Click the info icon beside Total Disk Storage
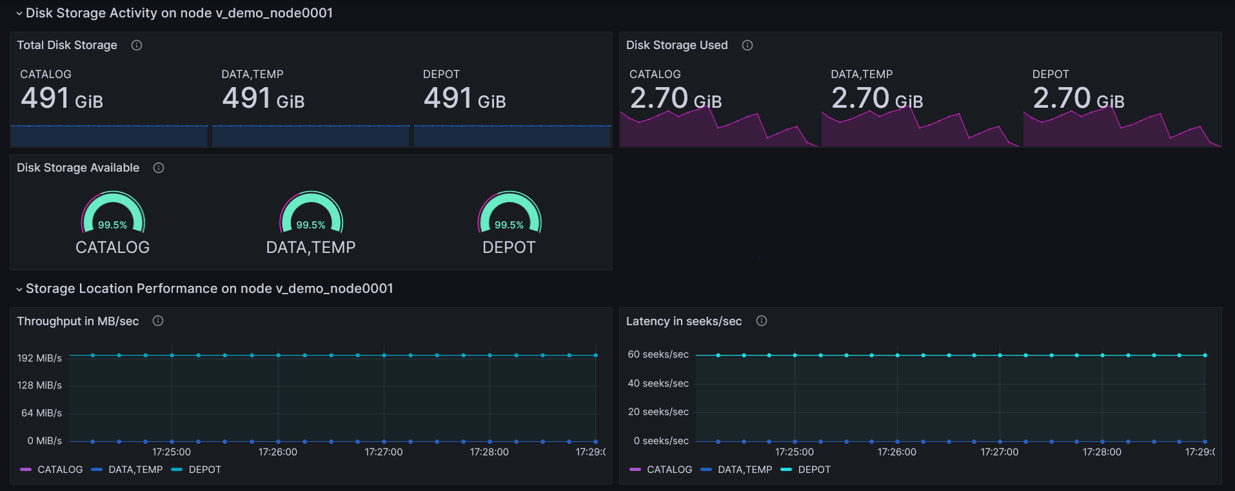coord(137,45)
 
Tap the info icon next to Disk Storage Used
coord(747,45)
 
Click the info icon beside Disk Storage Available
coord(159,168)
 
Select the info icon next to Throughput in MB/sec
coord(158,321)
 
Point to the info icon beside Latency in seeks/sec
coord(762,321)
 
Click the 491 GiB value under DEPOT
coord(464,99)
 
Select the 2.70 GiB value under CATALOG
coord(675,99)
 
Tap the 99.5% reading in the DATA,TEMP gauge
coord(311,225)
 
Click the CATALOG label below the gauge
coord(112,247)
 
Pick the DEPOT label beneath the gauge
coord(509,247)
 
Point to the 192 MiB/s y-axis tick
coord(40,358)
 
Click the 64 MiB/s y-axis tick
coord(42,413)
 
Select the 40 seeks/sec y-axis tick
coord(658,383)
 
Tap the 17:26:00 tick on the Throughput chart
coord(278,452)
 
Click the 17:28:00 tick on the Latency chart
coord(1102,452)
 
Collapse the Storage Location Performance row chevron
coord(19,289)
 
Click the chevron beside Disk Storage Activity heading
coord(19,14)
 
